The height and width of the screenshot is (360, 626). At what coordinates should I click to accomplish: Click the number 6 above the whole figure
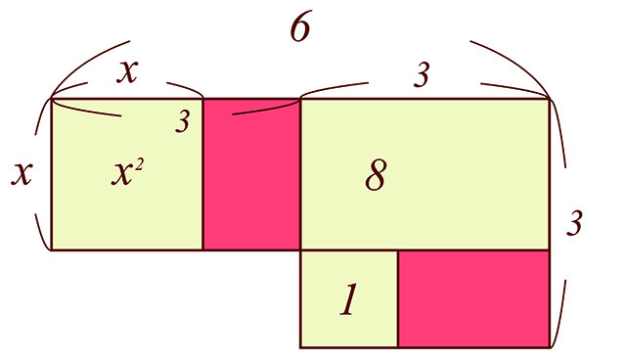[300, 28]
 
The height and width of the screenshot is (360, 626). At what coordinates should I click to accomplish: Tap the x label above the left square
[127, 72]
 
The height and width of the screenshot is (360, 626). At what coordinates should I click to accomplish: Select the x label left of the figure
[22, 173]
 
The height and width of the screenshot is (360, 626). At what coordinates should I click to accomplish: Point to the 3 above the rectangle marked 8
[422, 75]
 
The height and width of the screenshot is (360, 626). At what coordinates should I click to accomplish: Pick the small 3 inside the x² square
[183, 121]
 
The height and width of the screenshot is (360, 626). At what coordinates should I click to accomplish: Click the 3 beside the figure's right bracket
[574, 223]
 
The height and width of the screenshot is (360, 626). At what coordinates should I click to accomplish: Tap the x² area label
[127, 173]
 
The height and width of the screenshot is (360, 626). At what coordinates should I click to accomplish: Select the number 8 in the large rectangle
[376, 176]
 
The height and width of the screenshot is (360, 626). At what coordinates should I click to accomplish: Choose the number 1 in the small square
[348, 299]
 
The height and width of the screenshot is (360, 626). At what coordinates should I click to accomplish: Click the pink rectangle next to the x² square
[251, 174]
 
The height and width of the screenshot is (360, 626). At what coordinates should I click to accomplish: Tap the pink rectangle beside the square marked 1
[473, 299]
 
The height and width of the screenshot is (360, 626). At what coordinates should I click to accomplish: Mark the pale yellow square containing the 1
[349, 299]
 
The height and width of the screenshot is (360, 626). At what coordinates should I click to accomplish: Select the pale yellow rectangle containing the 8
[425, 174]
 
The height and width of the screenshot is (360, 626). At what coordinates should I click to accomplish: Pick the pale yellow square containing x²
[127, 174]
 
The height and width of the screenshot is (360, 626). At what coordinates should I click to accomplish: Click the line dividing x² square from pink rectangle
[202, 174]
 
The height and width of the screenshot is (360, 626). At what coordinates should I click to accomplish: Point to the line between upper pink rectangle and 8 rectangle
[300, 174]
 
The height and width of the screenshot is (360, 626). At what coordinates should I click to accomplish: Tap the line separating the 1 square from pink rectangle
[398, 299]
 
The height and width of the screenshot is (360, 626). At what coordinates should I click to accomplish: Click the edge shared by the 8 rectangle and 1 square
[349, 250]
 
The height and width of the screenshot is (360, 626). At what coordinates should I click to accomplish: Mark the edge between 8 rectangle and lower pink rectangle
[473, 250]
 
